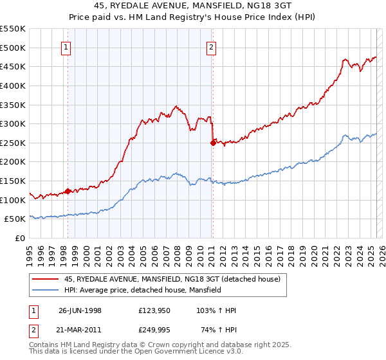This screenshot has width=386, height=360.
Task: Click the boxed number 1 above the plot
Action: [67, 46]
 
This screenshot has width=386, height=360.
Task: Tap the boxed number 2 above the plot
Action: [211, 46]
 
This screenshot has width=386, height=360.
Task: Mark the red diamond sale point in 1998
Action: [68, 191]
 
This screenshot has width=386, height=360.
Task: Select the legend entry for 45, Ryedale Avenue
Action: [172, 280]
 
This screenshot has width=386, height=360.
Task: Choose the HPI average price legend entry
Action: [143, 291]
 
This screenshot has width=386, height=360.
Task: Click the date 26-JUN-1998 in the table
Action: [80, 310]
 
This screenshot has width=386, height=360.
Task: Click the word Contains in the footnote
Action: [44, 345]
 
